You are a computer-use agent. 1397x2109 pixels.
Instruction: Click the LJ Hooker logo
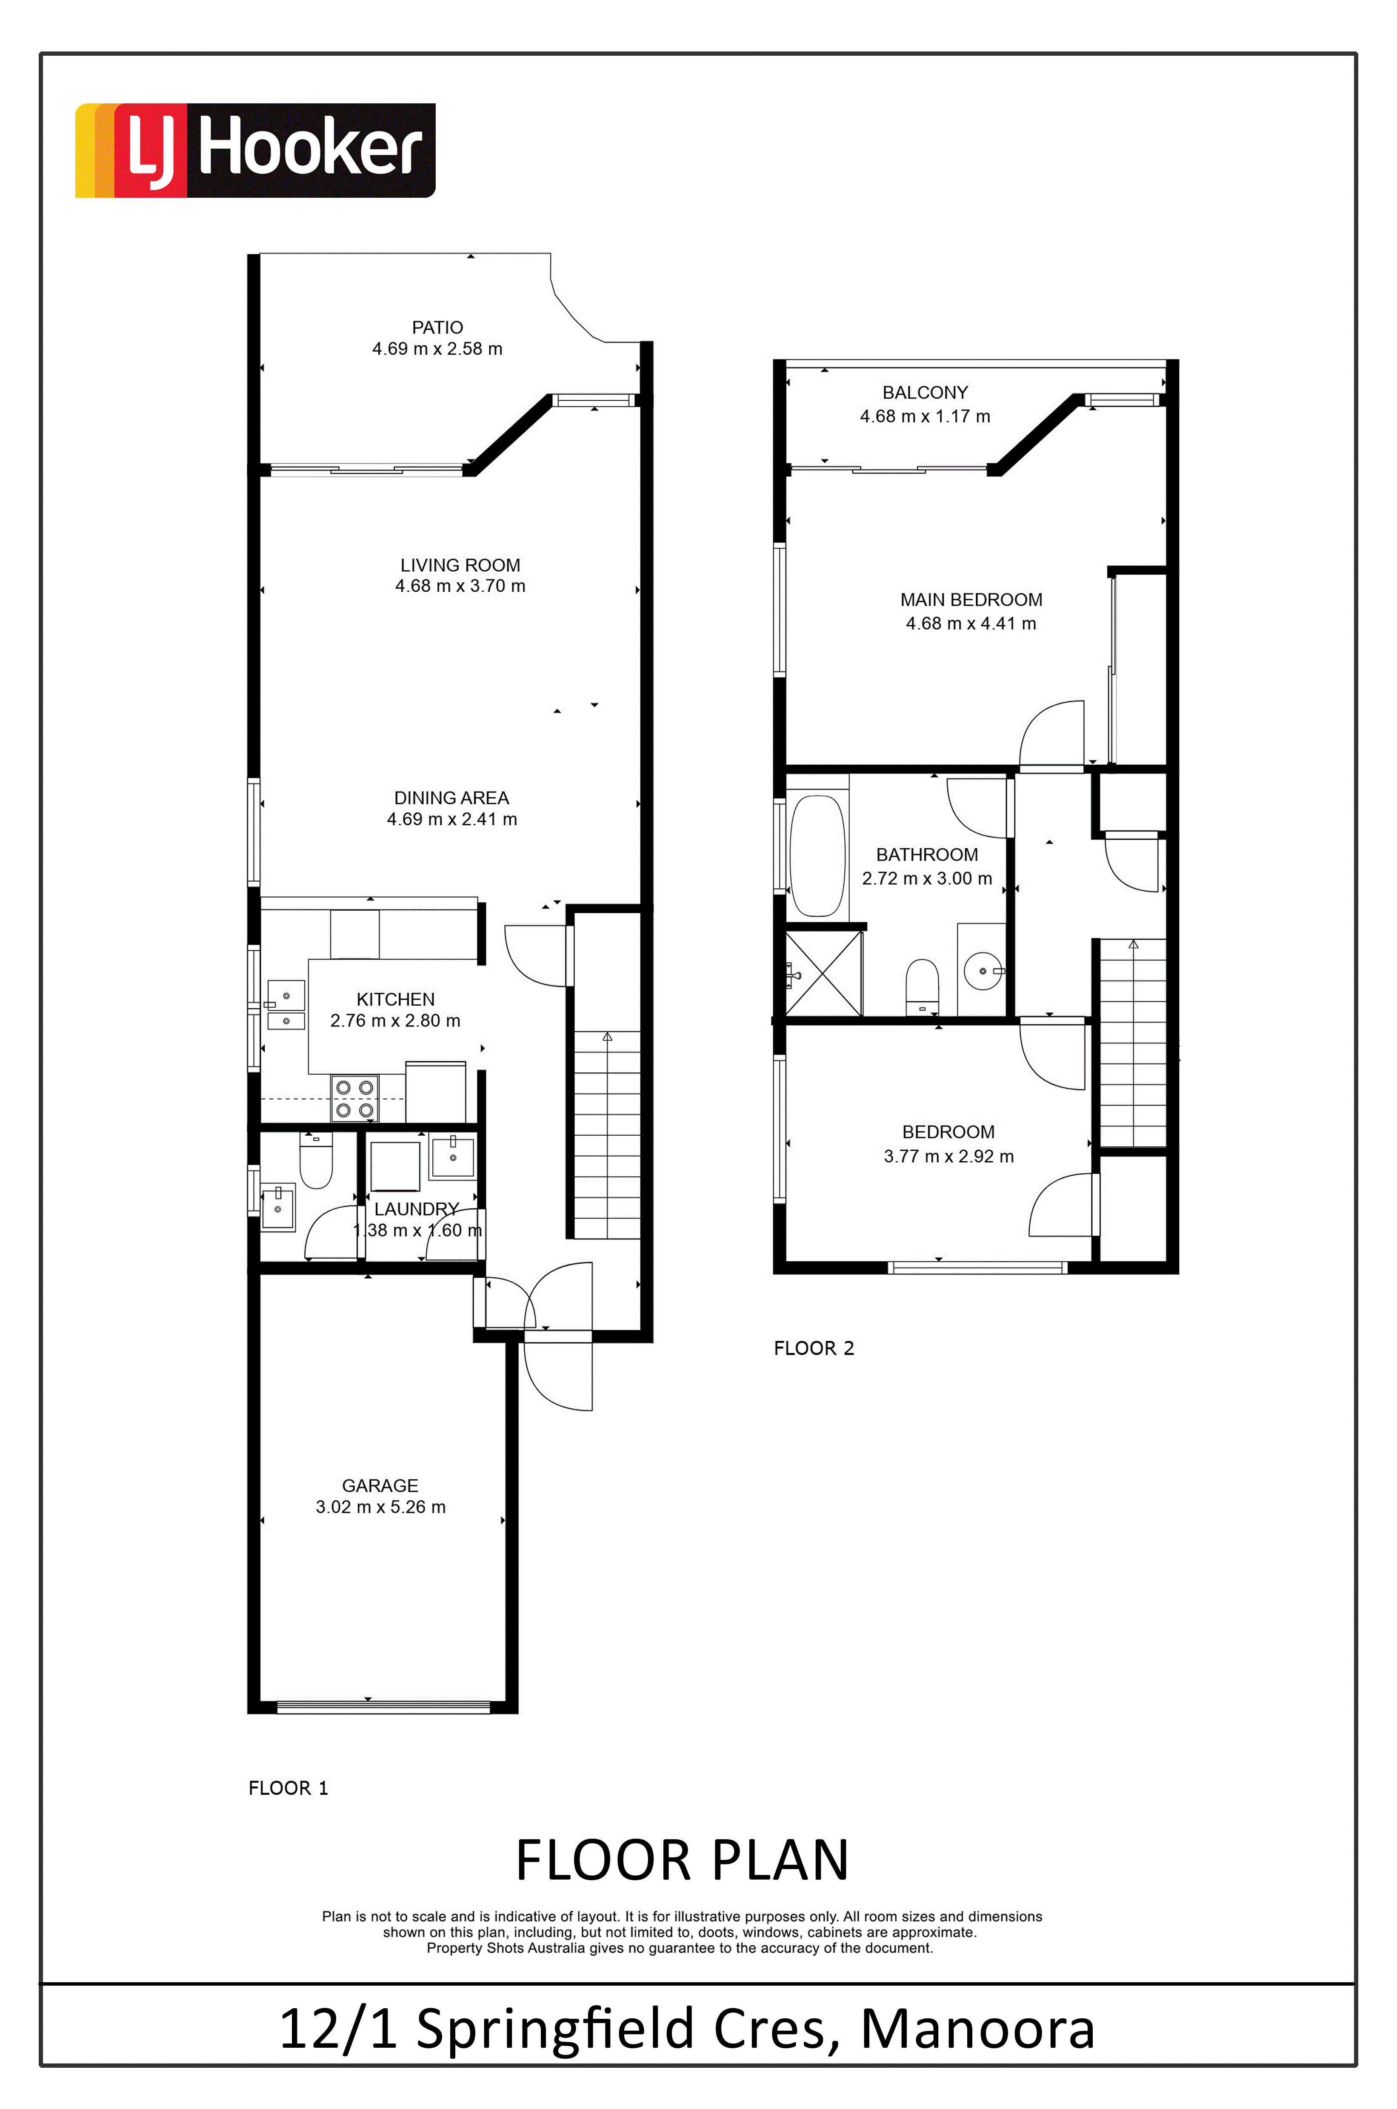pos(255,150)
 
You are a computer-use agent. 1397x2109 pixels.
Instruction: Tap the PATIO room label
pos(437,328)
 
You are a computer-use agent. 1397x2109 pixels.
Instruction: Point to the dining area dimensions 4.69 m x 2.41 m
pos(452,819)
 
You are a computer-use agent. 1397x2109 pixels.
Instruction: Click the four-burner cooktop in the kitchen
pos(354,1099)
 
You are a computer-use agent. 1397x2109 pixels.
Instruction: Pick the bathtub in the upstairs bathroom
pos(817,855)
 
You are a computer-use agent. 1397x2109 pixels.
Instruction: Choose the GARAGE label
pos(380,1485)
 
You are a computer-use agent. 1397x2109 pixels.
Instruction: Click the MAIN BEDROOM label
pos(971,600)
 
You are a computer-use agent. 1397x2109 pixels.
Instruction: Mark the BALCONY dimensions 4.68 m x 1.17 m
pos(925,416)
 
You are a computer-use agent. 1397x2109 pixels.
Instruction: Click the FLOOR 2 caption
pos(814,1348)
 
